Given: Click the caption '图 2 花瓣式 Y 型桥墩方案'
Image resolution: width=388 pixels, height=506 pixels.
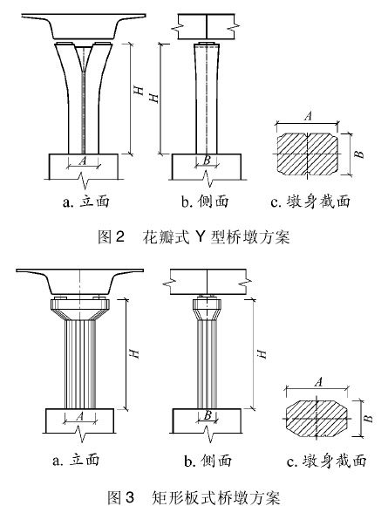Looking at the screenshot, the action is (x=194, y=237).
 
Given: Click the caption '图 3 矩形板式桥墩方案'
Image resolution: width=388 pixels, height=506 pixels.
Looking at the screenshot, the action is (x=194, y=497).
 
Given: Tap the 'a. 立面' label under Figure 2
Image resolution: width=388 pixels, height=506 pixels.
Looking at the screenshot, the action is (x=86, y=202).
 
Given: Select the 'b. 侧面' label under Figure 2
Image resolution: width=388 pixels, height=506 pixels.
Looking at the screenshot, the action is (x=205, y=202).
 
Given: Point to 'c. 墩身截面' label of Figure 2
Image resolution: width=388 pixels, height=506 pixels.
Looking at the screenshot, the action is (x=310, y=202).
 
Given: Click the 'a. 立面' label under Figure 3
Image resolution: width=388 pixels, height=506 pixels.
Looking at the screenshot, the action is (x=76, y=460).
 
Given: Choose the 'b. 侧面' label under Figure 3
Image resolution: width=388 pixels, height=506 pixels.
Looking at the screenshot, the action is (x=208, y=460).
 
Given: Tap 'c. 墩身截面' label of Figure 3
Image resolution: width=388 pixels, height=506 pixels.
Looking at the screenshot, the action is (x=327, y=461).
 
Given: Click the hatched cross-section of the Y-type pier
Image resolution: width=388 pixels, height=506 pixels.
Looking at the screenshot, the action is (x=308, y=154).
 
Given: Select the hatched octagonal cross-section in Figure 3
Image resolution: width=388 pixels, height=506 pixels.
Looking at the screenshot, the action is (x=317, y=419).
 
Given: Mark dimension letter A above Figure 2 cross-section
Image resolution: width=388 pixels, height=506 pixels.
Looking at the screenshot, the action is (x=309, y=116).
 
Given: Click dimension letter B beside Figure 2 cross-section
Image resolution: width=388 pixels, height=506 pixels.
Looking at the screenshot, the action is (x=359, y=154).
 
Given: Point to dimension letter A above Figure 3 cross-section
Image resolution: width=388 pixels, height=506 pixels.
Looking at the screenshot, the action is (x=318, y=382).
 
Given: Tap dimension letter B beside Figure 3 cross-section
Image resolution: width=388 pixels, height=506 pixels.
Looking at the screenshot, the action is (x=368, y=419).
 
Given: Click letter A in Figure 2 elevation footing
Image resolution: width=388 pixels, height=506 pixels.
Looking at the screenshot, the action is (x=83, y=161).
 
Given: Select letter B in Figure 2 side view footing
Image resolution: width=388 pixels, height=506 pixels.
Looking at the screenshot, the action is (x=207, y=160).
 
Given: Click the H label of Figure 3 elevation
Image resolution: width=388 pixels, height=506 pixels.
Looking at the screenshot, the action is (x=134, y=353).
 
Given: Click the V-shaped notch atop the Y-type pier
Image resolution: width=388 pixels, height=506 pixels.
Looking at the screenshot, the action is (x=84, y=58).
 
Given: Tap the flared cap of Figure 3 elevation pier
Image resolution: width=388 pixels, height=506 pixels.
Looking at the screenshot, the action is (x=80, y=309).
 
